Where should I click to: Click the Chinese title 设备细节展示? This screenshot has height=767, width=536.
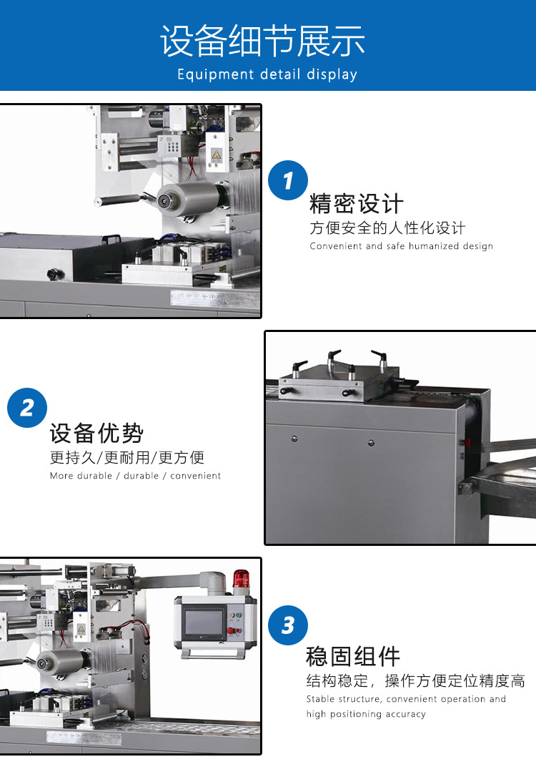262,41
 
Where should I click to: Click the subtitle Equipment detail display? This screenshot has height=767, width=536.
267,74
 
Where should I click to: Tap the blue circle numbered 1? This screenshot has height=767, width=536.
288,180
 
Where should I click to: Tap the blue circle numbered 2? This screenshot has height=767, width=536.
27,408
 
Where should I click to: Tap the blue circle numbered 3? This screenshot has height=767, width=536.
288,625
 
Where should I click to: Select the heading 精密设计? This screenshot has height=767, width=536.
356,203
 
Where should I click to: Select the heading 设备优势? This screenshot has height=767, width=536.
96,433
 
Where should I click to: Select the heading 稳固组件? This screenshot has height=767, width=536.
353,656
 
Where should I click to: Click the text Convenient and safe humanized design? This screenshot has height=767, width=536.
401,246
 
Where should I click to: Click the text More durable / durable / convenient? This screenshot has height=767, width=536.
135,476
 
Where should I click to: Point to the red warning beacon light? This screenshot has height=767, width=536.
241,578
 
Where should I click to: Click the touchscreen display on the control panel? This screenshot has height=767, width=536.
204,622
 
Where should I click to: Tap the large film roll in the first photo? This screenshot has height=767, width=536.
189,199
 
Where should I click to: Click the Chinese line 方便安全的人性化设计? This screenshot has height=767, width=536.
387,228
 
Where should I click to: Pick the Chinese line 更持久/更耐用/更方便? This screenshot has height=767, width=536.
127,457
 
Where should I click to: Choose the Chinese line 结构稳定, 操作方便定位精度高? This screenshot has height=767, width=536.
416,680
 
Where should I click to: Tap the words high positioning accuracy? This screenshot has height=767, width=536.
366,714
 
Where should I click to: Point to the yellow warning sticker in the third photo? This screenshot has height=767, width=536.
81,629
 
